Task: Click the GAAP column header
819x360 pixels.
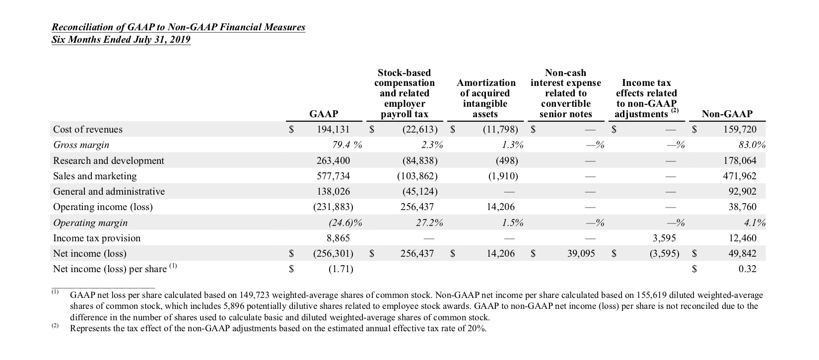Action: (x=323, y=114)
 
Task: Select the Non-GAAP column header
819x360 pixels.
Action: (x=727, y=114)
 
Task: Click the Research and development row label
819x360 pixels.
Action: (x=108, y=160)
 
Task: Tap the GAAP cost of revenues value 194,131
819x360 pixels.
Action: (x=333, y=130)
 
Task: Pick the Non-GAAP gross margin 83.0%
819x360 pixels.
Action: (x=752, y=145)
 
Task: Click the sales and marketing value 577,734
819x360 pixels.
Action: (x=333, y=176)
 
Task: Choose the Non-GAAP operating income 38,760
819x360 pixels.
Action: (x=743, y=207)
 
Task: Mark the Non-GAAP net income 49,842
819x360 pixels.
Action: (x=743, y=253)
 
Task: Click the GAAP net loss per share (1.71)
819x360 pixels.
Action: (x=341, y=269)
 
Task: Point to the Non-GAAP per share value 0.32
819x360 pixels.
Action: (x=747, y=269)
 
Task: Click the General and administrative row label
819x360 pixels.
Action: (x=109, y=191)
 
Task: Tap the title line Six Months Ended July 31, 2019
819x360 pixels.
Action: (x=121, y=40)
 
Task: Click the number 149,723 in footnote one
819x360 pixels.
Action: (x=255, y=295)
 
